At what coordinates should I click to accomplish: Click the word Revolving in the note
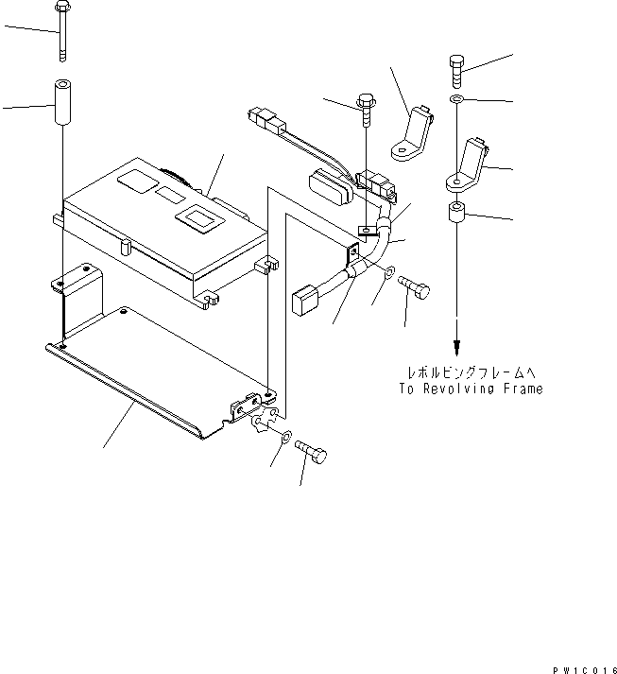tap(478, 389)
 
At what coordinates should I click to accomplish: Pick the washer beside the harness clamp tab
tap(389, 275)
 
